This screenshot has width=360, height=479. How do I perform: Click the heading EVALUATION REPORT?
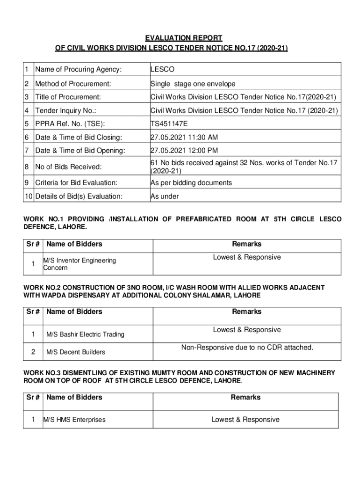[183, 38]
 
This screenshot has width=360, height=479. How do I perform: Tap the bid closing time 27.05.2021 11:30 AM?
[184, 138]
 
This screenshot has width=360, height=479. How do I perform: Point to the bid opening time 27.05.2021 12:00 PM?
[185, 151]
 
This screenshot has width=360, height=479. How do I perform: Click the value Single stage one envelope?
[193, 84]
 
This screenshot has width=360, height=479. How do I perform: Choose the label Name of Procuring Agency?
[78, 70]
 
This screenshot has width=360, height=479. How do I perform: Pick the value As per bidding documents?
[191, 183]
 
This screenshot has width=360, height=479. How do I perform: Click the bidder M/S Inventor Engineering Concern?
[79, 264]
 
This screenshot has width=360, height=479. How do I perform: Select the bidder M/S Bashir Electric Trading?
[85, 334]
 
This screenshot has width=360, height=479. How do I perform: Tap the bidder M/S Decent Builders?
[75, 352]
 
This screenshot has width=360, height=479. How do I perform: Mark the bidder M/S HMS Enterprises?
[74, 420]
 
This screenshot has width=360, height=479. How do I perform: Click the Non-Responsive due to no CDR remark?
[247, 348]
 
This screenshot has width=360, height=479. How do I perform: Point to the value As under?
[165, 196]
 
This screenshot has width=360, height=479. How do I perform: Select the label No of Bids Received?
[68, 167]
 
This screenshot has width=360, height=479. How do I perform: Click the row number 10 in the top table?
[29, 196]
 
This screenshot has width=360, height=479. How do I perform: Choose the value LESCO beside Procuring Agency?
[162, 70]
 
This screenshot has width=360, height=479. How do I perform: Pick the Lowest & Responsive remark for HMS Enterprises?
[245, 420]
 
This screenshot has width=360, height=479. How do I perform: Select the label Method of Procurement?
[73, 84]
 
